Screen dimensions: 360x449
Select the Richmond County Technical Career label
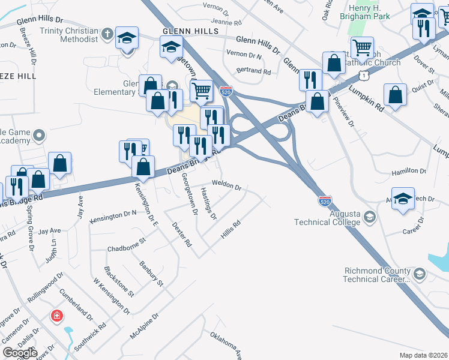pyautogui.click(x=376, y=275)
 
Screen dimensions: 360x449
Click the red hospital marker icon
pyautogui.click(x=57, y=315)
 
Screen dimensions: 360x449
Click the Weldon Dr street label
pyautogui.click(x=226, y=187)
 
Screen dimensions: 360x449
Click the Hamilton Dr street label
pyautogui.click(x=408, y=172)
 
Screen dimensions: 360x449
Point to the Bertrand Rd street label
pyautogui.click(x=254, y=71)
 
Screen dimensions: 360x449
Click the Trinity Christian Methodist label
pyautogui.click(x=68, y=35)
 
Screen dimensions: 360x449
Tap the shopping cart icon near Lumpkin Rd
pyautogui.click(x=362, y=47)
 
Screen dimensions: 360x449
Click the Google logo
pyautogui.click(x=20, y=353)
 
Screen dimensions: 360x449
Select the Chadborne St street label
pyautogui.click(x=127, y=244)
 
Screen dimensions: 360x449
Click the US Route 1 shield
pyautogui.click(x=362, y=74)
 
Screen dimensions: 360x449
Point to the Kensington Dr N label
pyautogui.click(x=113, y=217)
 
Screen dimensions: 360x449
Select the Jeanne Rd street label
pyautogui.click(x=214, y=22)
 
